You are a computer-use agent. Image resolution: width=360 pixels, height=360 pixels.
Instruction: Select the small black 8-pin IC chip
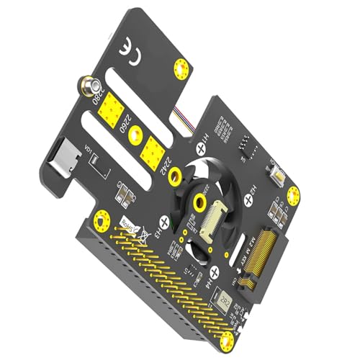pyautogui.click(x=245, y=148)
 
